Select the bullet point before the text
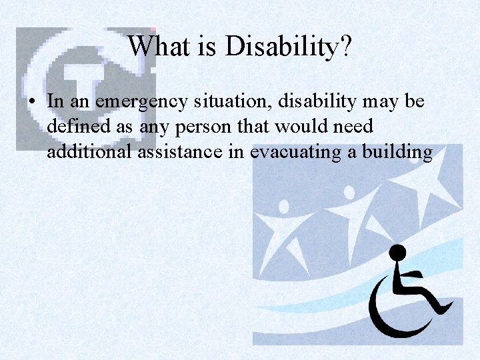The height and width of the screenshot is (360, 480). (31, 101)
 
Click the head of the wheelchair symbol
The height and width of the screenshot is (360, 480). (397, 253)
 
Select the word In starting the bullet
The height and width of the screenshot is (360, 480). (55, 101)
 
